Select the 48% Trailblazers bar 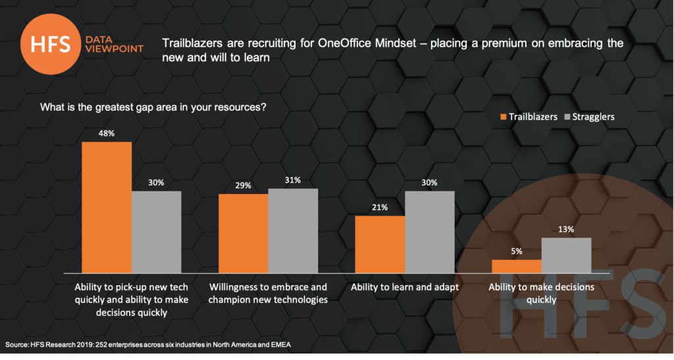click(107, 207)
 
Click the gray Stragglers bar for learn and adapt click(430, 232)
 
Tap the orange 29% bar click(244, 233)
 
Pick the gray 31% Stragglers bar click(293, 230)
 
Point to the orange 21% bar click(380, 244)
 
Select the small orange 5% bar click(517, 266)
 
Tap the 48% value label click(107, 134)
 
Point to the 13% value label click(566, 230)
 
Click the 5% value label click(517, 251)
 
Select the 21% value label click(380, 207)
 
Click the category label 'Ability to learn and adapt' click(404, 288)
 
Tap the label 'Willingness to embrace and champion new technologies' click(268, 294)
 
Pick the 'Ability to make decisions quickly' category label click(541, 294)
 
